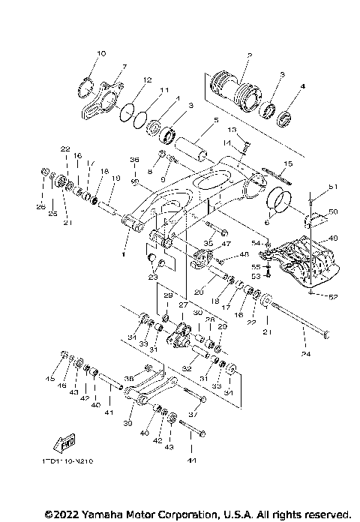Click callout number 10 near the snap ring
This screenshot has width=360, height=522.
point(102,53)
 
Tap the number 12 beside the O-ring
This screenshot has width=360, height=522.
point(147,80)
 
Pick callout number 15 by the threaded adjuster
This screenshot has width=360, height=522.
point(288,163)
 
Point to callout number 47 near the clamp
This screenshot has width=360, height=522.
point(226,244)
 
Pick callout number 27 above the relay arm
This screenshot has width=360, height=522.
point(181,305)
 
